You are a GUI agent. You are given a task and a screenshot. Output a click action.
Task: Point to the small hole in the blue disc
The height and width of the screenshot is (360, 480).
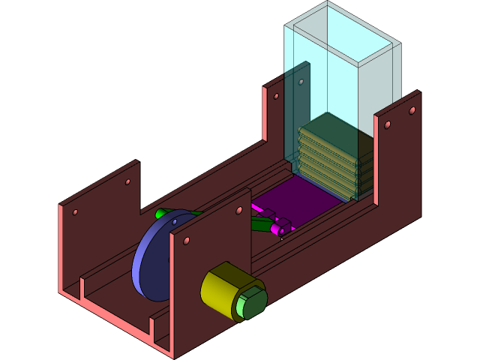175,223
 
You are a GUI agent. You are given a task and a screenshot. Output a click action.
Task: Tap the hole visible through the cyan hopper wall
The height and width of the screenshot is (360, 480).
301,82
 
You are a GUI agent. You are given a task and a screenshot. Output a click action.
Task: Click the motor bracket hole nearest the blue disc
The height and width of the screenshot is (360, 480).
186,241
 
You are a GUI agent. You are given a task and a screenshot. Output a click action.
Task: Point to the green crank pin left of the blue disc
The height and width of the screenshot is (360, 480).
160,214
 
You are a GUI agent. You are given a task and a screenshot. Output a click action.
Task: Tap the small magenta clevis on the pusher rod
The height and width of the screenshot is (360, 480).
282,227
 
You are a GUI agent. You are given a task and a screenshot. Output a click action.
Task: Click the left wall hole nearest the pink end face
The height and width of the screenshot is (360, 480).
75,212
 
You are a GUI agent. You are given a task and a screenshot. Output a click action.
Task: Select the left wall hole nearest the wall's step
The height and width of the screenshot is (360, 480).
127,181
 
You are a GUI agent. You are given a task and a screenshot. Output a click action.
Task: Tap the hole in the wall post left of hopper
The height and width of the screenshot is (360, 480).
276,96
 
